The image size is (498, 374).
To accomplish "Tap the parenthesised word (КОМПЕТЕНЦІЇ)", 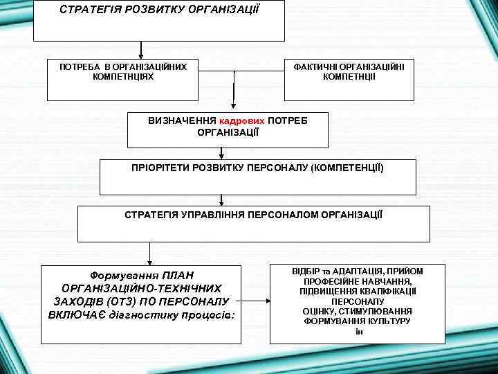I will coord(347,168).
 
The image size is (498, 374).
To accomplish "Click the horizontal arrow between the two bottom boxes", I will coord(257,303).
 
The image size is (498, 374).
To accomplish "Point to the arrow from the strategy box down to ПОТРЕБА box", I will coord(141,49).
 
